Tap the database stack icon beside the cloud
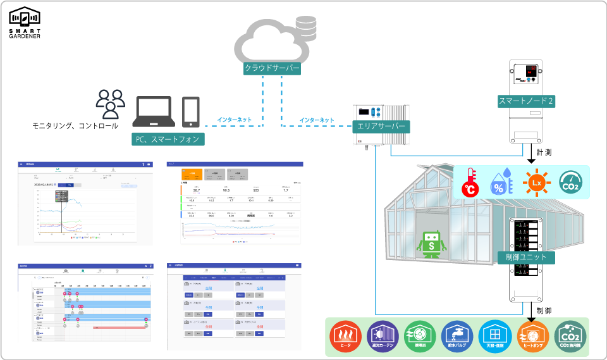[307, 28]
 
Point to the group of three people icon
[111, 104]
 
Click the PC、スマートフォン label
[168, 139]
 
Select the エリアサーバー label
[381, 126]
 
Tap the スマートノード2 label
[527, 101]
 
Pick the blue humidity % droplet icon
[501, 183]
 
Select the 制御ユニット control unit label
[527, 258]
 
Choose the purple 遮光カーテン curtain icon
[382, 337]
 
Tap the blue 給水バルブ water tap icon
[457, 337]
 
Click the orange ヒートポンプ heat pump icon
[532, 337]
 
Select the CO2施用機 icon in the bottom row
[570, 337]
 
